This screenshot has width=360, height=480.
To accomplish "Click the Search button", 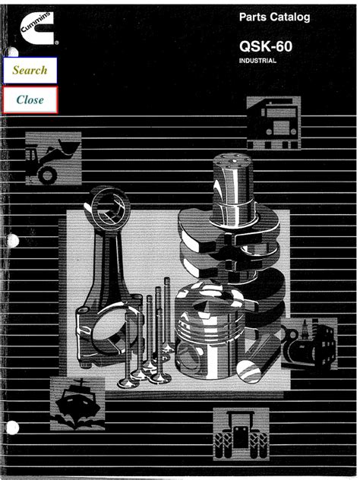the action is [30, 70].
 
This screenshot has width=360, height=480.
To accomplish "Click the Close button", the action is [30, 99].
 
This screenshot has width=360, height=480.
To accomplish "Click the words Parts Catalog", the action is [274, 17].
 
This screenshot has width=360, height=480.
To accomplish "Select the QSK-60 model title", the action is [266, 46].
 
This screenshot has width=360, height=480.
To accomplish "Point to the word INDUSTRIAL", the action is [257, 61].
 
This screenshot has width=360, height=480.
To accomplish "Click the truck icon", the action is [273, 123].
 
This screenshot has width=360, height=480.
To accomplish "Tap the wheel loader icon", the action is [53, 158].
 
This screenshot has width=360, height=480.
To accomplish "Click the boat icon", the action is [77, 403].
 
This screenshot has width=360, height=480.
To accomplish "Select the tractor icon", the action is [241, 434].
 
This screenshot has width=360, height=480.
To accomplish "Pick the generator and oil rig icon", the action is [309, 343].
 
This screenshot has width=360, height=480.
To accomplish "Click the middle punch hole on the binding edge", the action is [12, 241].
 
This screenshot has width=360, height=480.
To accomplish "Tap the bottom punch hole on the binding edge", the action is [12, 428].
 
